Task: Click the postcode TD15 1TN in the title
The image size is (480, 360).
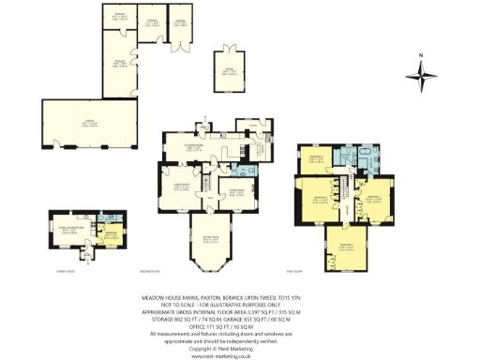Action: (x=328, y=293)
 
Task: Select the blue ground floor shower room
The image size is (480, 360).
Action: (x=247, y=170)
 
